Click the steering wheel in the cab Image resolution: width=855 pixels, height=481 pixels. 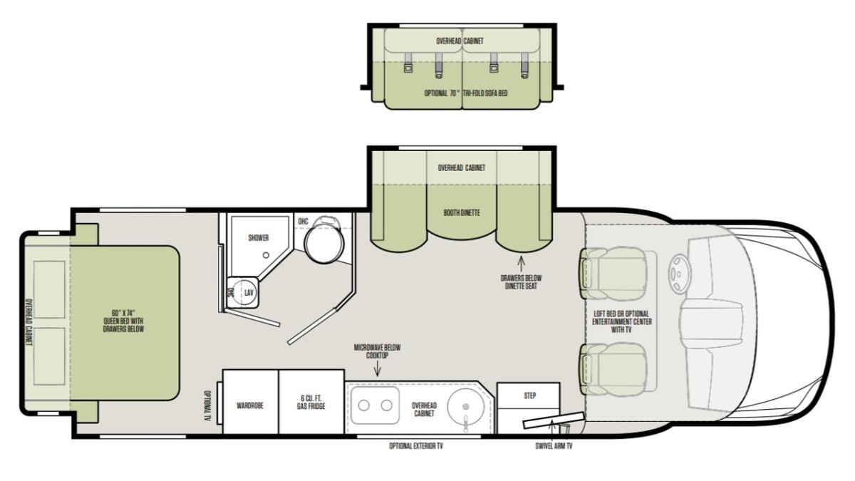point(679,274)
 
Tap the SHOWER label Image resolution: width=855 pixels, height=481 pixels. point(259,238)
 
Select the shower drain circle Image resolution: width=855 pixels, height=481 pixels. point(266,255)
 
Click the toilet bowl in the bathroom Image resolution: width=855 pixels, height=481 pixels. point(324,244)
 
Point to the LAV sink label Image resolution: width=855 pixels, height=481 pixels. point(249,293)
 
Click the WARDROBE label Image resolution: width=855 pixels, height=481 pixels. point(250,405)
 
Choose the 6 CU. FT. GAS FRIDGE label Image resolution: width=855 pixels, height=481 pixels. point(311,402)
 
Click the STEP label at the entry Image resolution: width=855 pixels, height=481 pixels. point(530,396)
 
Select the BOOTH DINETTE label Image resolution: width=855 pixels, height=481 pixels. point(462,212)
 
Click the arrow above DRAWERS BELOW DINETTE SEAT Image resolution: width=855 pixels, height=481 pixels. point(521,264)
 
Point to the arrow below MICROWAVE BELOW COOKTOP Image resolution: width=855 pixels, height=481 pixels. point(378,369)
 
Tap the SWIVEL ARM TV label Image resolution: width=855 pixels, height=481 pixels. point(554,446)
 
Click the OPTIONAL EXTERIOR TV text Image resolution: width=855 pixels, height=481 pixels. point(416,446)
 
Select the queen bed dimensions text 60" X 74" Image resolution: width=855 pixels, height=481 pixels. point(123,314)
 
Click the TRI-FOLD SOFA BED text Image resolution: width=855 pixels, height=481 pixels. point(485,93)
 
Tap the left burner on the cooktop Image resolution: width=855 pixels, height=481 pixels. point(364,405)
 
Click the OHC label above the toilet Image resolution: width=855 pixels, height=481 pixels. point(303,222)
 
